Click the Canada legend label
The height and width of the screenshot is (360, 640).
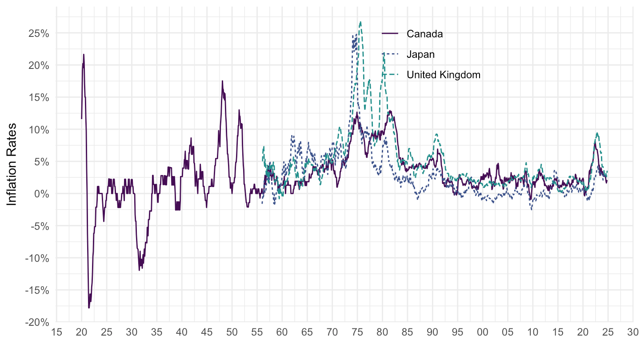click(x=424, y=34)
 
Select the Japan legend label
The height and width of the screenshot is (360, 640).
click(x=420, y=54)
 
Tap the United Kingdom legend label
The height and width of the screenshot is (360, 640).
click(x=444, y=75)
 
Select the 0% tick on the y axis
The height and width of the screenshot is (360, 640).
click(x=43, y=194)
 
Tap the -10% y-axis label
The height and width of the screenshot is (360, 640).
click(x=38, y=258)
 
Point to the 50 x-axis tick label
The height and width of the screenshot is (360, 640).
click(x=232, y=332)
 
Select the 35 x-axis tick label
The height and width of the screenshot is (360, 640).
click(x=157, y=332)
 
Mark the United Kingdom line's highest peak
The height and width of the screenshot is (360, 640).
click(x=360, y=21)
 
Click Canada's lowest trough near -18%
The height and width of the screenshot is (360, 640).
click(x=89, y=308)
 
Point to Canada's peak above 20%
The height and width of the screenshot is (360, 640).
click(x=84, y=54)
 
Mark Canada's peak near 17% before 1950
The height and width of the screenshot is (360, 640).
click(x=222, y=81)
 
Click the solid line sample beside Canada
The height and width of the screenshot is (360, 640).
click(x=389, y=34)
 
